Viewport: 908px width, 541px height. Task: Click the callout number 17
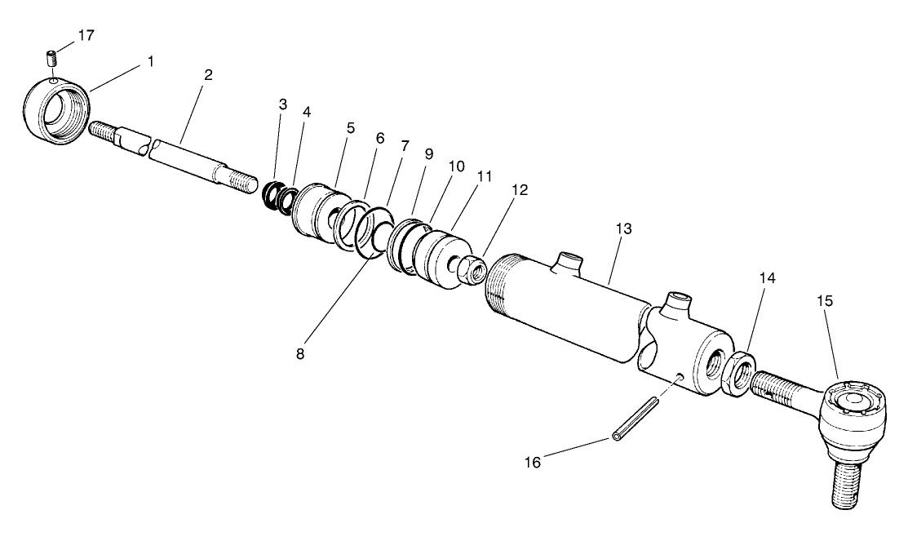tap(86, 36)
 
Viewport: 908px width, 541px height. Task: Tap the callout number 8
tap(300, 353)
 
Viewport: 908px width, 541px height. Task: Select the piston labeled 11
tap(444, 261)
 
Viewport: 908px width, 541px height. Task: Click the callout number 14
tap(765, 279)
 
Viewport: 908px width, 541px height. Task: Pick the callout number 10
tap(456, 166)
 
